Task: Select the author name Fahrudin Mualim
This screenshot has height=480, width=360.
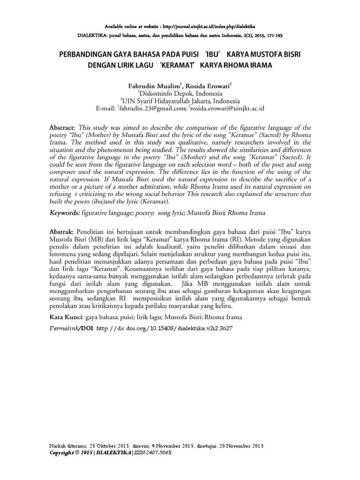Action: [154, 86]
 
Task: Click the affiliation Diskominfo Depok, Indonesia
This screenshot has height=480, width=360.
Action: [180, 94]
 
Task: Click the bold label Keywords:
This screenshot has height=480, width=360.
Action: [66, 213]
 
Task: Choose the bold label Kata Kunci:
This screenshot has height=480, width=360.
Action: [67, 317]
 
